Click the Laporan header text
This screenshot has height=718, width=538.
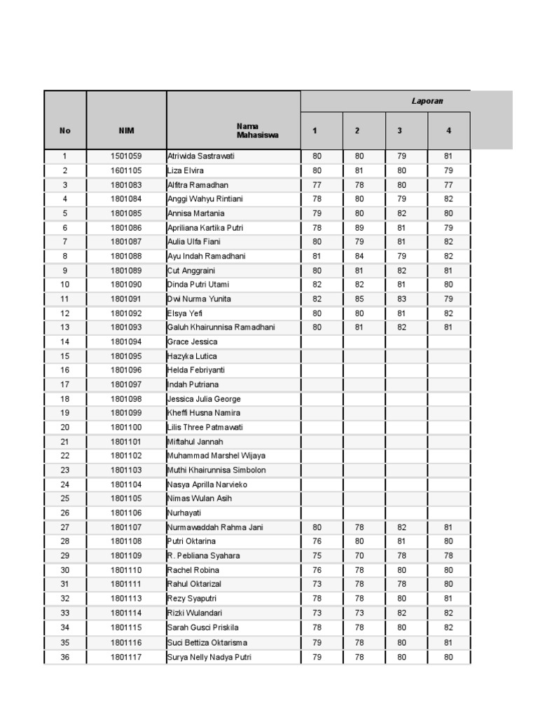427,101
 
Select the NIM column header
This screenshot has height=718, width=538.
126,130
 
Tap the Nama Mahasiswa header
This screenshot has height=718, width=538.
257,130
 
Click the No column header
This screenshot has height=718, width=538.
65,130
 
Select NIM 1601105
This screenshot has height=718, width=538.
126,170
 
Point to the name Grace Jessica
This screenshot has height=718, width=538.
193,341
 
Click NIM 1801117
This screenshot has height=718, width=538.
126,657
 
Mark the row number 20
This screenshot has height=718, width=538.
65,427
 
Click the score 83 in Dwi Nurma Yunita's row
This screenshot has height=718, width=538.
401,299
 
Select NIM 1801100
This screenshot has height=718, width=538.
126,427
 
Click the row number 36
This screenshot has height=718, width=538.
65,657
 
